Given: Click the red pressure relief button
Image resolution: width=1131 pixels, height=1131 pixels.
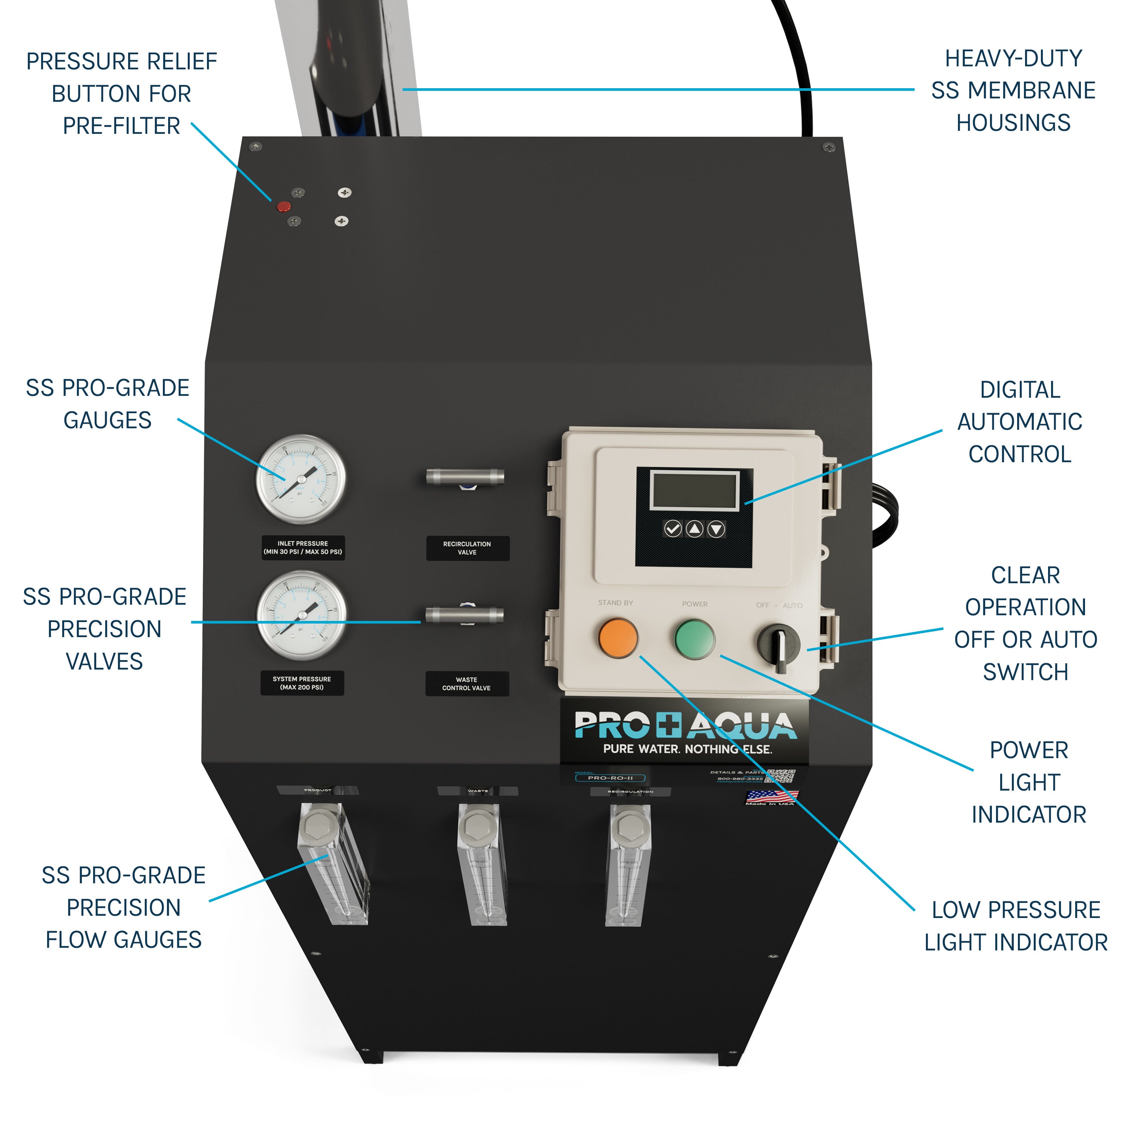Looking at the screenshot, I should pyautogui.click(x=284, y=206).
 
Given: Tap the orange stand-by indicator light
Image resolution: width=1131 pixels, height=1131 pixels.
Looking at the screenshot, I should pyautogui.click(x=618, y=638).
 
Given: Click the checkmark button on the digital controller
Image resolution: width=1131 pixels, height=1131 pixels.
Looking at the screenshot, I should pyautogui.click(x=673, y=529).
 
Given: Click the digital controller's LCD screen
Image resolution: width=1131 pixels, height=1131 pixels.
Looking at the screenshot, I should pyautogui.click(x=694, y=490).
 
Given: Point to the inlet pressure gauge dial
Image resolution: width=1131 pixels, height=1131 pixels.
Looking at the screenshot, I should pyautogui.click(x=301, y=478).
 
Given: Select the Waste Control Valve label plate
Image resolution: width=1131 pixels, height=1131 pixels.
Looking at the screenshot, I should pyautogui.click(x=467, y=684).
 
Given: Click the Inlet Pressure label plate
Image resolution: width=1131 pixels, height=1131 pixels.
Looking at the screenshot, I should pyautogui.click(x=303, y=548).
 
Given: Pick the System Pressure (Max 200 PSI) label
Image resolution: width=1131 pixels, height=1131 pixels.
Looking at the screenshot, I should pyautogui.click(x=302, y=683).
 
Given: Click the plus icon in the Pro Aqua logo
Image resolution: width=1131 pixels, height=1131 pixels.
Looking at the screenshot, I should pyautogui.click(x=668, y=726).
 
